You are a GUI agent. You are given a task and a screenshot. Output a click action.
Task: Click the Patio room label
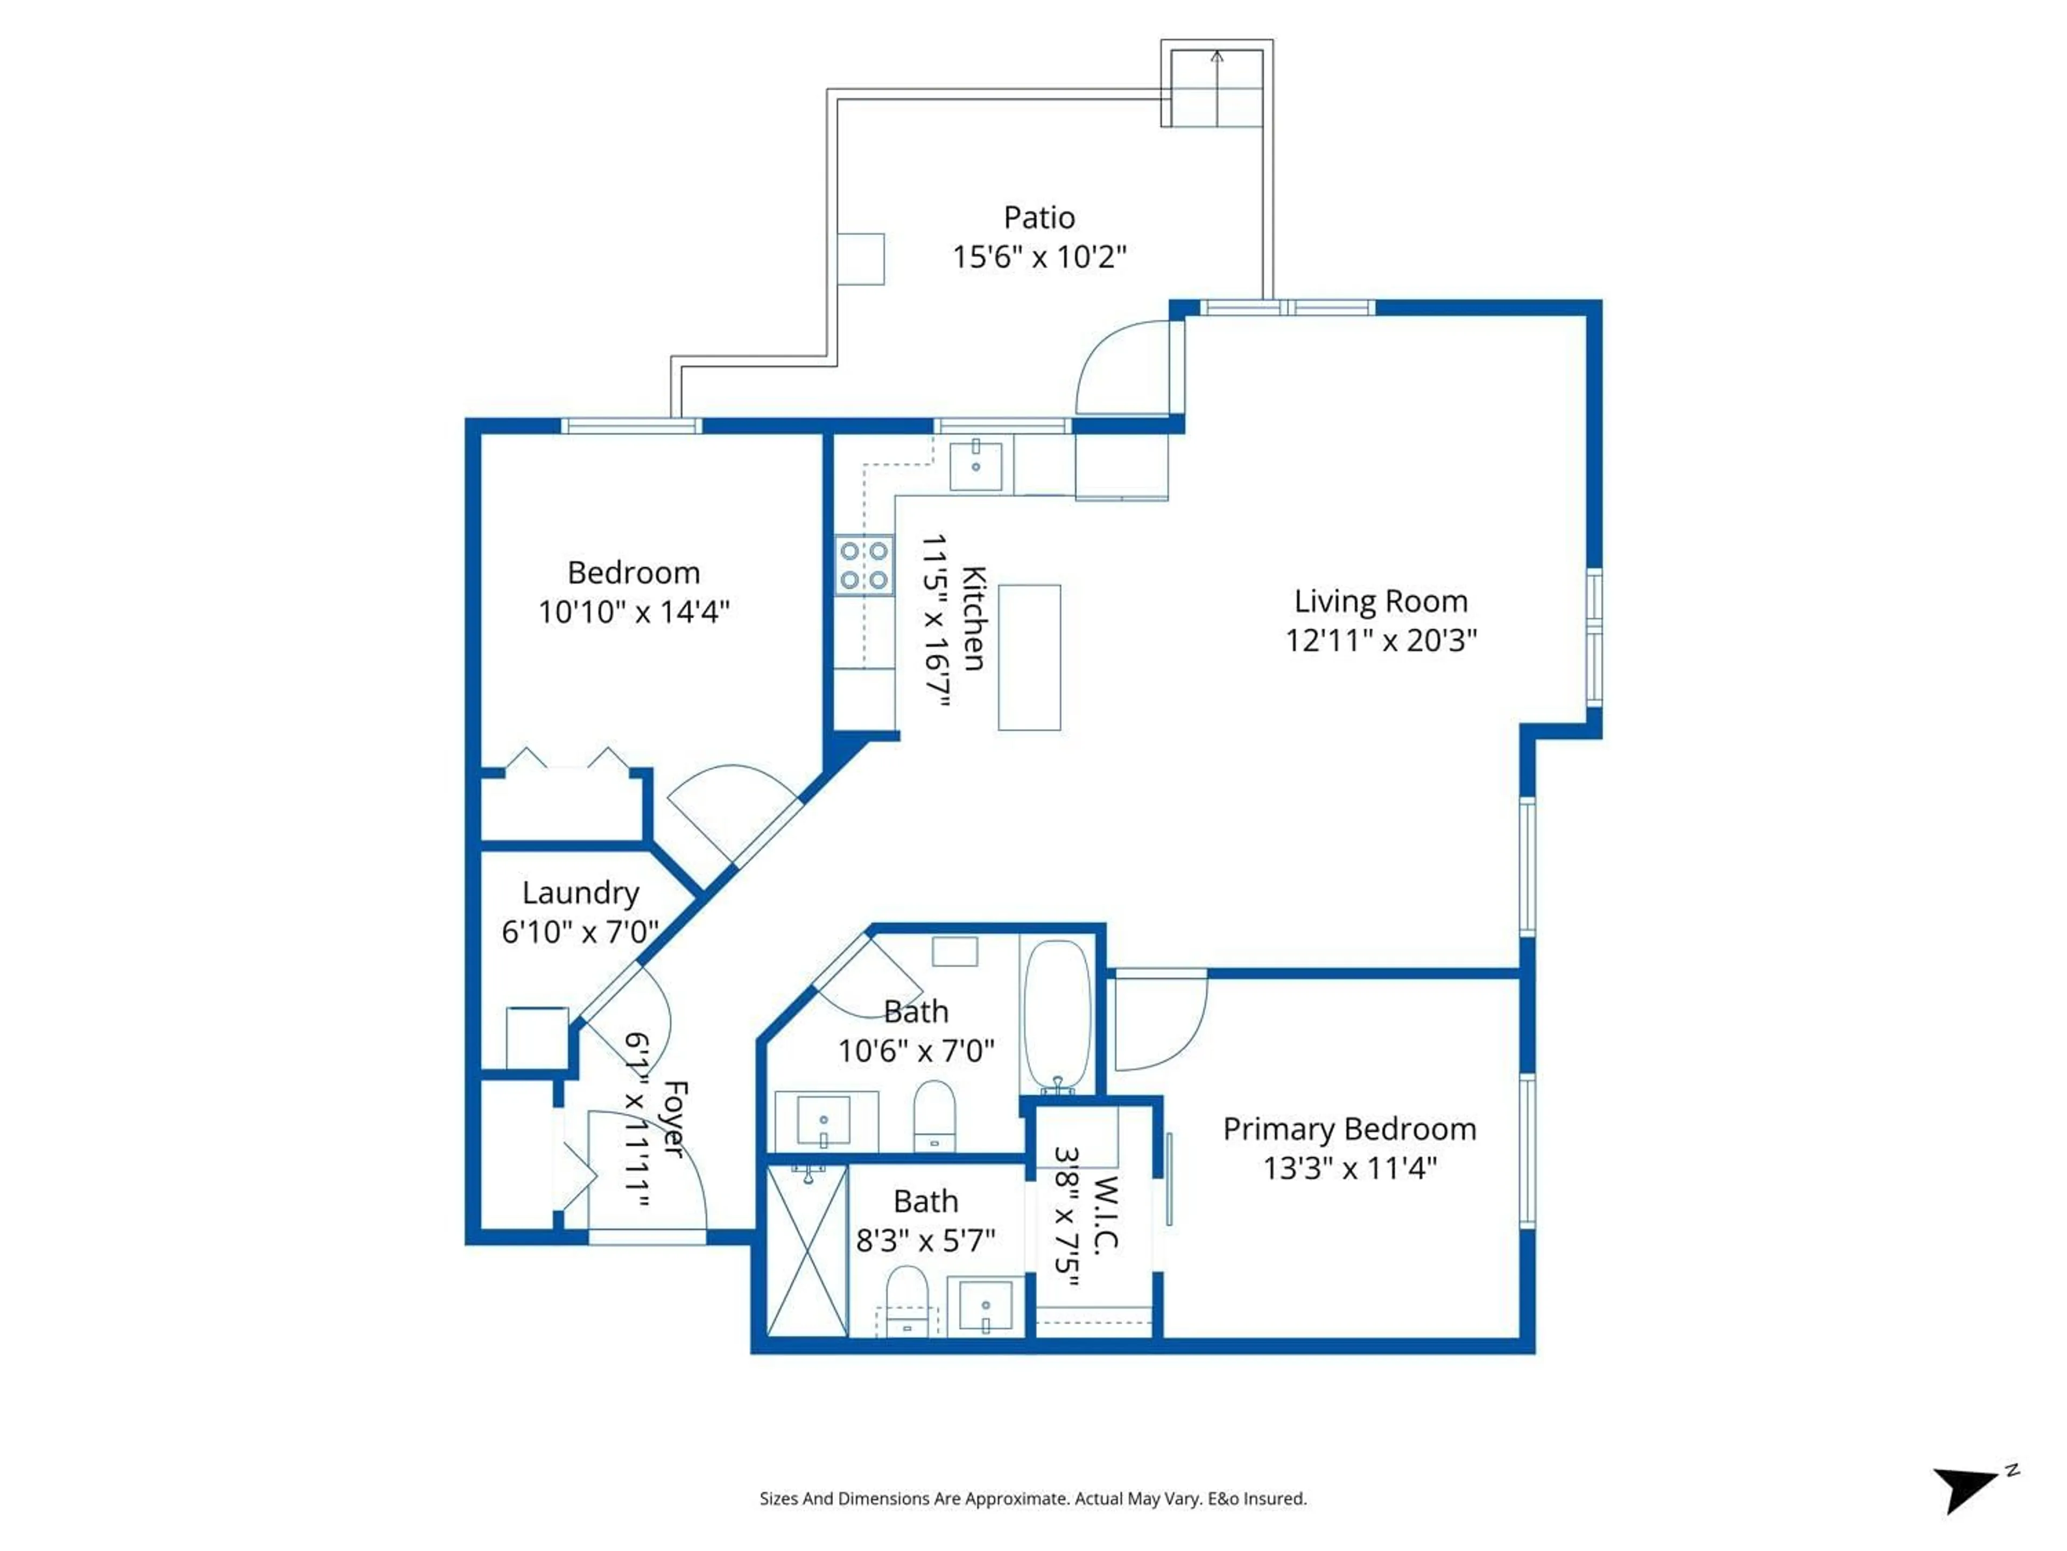(1039, 217)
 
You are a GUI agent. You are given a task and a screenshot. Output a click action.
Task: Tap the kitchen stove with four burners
(863, 565)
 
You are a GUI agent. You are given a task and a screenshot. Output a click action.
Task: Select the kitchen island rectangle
(1029, 657)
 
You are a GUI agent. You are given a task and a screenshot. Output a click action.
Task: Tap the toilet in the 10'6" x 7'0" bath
(933, 1114)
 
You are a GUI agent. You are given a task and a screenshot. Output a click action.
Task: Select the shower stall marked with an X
(806, 1250)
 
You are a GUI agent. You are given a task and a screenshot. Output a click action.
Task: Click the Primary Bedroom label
(1349, 1129)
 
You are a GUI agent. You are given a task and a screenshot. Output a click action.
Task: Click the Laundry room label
(580, 893)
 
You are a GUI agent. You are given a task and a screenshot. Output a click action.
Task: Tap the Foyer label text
(674, 1119)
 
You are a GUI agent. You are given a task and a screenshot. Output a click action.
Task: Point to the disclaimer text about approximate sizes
(1032, 1499)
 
